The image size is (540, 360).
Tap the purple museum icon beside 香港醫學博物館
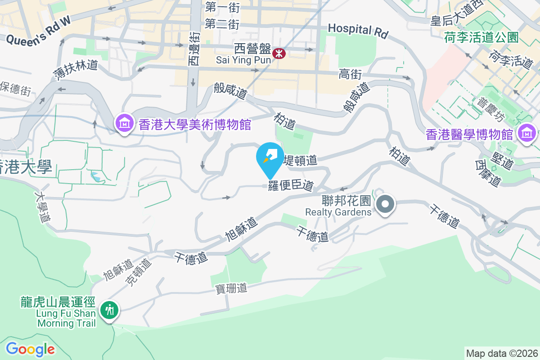[x=526, y=133]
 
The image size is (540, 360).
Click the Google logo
[x=30, y=349]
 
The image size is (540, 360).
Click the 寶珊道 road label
[x=230, y=288]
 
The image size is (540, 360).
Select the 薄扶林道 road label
[x=75, y=70]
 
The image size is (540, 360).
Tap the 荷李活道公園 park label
[x=481, y=37]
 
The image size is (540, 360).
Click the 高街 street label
[x=351, y=74]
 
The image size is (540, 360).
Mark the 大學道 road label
[x=42, y=207]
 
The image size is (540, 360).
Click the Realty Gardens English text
[x=338, y=212]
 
